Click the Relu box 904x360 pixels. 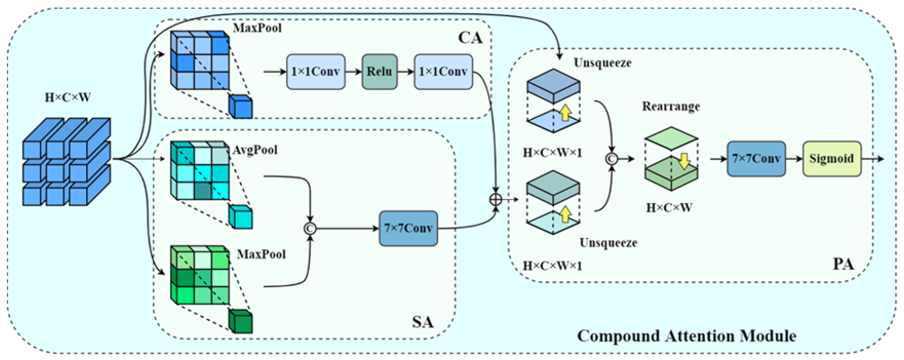pos(379,72)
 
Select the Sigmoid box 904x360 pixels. pos(832,159)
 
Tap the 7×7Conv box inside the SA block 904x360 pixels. pos(408,229)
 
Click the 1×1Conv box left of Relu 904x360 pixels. pos(316,72)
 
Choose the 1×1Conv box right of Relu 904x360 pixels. pos(444,72)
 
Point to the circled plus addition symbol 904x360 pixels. pos(495,200)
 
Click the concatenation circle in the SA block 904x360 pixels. pos(310,229)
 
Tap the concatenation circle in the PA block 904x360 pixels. pos(612,159)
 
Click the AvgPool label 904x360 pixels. pos(255,150)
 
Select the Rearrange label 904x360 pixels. pos(671,106)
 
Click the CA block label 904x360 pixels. pos(470,38)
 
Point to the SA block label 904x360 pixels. pos(423,322)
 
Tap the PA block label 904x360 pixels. pos(844,264)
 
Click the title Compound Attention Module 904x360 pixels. pos(687,336)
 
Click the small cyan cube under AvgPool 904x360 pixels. pos(241,217)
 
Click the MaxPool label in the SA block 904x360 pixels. pos(261,254)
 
